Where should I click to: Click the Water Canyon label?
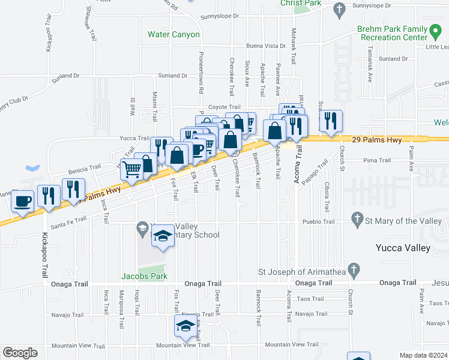[x=173, y=34]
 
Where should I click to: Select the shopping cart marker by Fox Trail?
[x=132, y=169]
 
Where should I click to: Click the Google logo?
[x=20, y=353]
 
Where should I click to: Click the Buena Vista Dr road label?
[x=267, y=46]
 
